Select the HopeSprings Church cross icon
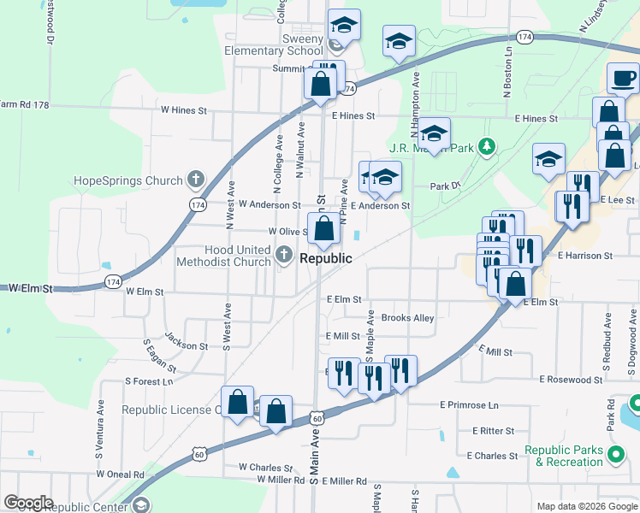pos(196,180)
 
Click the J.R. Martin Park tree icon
pos(487,147)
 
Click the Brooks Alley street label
pos(407,318)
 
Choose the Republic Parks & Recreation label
pos(564,456)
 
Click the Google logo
pos(28,503)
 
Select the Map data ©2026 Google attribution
pos(586,506)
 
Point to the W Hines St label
pos(184,110)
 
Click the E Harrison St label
pos(584,255)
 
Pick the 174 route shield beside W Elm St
pos(113,280)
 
